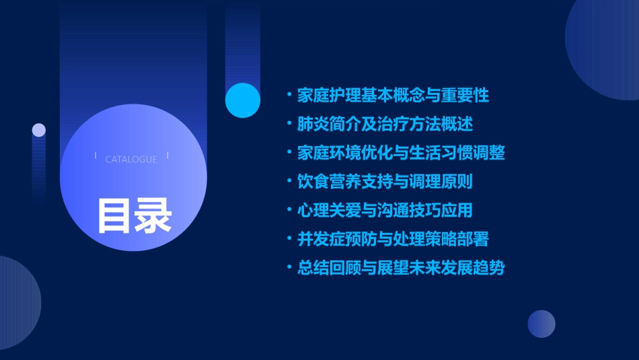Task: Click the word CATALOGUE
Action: pyautogui.click(x=131, y=159)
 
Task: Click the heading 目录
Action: pyautogui.click(x=134, y=215)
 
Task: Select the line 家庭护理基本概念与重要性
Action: pyautogui.click(x=393, y=95)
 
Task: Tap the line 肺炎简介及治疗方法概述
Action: pyautogui.click(x=385, y=124)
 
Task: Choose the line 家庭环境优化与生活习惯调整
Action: pyautogui.click(x=401, y=153)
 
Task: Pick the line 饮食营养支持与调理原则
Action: pyautogui.click(x=393, y=182)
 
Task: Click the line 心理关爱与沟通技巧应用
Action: pyautogui.click(x=385, y=210)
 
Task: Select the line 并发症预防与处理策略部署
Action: pyautogui.click(x=393, y=239)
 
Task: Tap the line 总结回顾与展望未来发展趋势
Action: pyautogui.click(x=401, y=268)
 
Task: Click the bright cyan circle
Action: pyautogui.click(x=243, y=100)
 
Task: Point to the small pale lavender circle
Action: pyautogui.click(x=39, y=130)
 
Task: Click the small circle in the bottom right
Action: pyautogui.click(x=541, y=324)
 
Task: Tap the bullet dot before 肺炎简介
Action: pyautogui.click(x=289, y=124)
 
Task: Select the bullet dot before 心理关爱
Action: pyautogui.click(x=289, y=211)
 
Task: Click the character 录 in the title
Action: pyautogui.click(x=153, y=215)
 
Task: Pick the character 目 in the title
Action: pyautogui.click(x=115, y=215)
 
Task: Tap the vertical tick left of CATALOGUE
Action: pyautogui.click(x=96, y=156)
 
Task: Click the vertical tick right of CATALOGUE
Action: pyautogui.click(x=167, y=156)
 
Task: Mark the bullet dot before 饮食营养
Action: pyautogui.click(x=289, y=182)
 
